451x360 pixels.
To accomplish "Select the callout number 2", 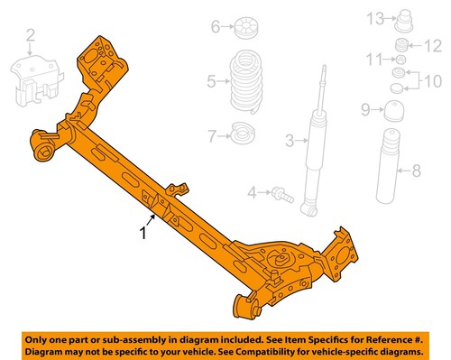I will tap(30, 36).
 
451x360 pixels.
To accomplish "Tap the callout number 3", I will tap(290, 140).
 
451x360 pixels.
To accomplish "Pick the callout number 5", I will tap(211, 83).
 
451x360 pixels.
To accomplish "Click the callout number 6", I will tap(216, 27).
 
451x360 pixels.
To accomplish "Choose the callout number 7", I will tap(212, 136).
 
